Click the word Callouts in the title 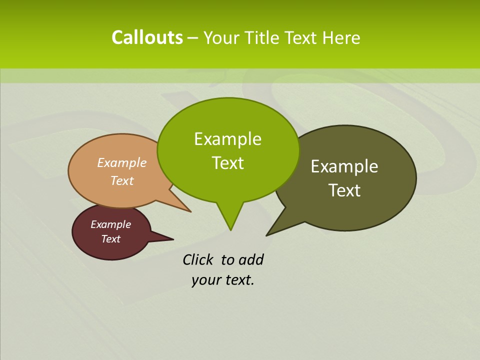click(x=147, y=37)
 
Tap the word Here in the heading click(x=341, y=37)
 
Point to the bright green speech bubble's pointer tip click(x=230, y=229)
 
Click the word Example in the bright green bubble click(x=227, y=139)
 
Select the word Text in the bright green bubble click(x=227, y=163)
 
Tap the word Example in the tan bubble click(x=121, y=162)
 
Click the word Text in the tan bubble click(x=121, y=180)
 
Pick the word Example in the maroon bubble click(x=110, y=224)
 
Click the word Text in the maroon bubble click(x=110, y=239)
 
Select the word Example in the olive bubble click(x=344, y=166)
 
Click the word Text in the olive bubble click(x=344, y=190)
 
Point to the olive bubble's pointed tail click(x=267, y=234)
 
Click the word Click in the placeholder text click(x=197, y=259)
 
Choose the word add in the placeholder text click(x=251, y=259)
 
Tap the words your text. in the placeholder click(x=222, y=280)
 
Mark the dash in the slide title click(x=193, y=38)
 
